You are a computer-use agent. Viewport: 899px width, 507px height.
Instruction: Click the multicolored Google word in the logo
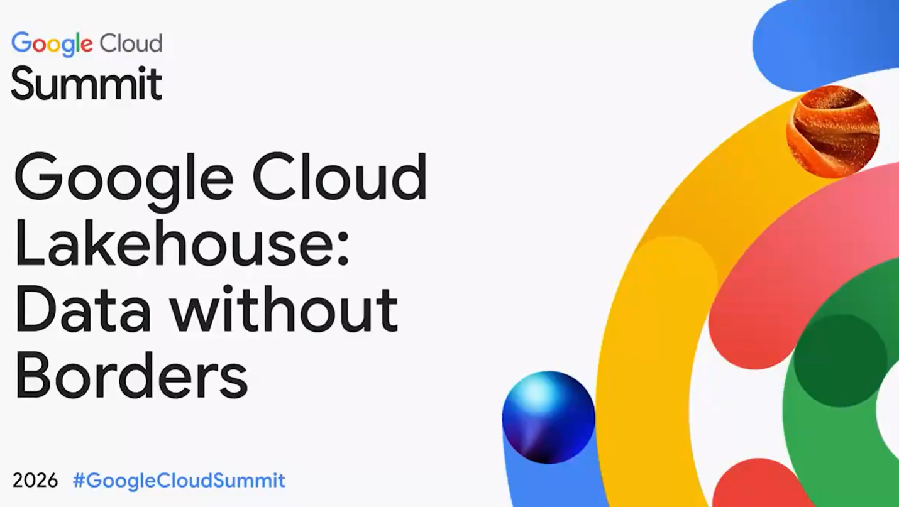pos(52,44)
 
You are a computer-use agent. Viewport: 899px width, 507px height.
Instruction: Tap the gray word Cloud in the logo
pos(131,43)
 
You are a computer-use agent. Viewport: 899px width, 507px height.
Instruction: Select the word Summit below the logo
pos(87,83)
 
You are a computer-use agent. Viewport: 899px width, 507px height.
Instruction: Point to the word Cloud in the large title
pos(339,177)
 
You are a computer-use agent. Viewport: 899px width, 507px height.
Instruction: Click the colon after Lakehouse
pos(343,250)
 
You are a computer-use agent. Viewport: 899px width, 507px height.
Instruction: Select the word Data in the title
pos(83,309)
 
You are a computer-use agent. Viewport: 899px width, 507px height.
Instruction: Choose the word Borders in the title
pos(131,375)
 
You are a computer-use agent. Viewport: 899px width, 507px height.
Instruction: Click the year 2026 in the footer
pos(35,480)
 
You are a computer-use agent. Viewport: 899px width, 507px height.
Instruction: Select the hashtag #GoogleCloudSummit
pos(179,481)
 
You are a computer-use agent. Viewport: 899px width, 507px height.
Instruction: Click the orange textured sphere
pos(833,131)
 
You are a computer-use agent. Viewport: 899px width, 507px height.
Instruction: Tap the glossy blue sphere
pos(549,417)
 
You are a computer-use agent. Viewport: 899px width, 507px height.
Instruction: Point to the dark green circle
pos(840,361)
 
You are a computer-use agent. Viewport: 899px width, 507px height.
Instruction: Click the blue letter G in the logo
pos(21,42)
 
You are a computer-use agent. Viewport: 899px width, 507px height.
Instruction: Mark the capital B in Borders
pos(32,375)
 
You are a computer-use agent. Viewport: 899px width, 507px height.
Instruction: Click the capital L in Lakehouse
pos(29,243)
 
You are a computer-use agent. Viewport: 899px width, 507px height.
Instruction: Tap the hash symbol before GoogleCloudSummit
pos(79,480)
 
